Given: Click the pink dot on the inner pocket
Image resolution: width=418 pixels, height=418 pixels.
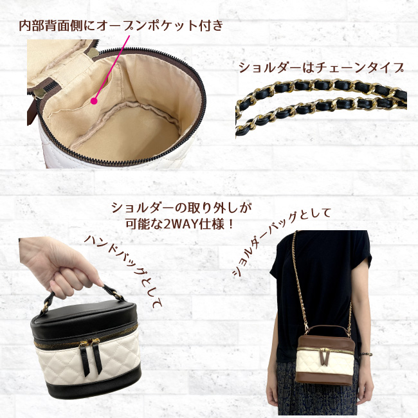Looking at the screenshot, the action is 94,101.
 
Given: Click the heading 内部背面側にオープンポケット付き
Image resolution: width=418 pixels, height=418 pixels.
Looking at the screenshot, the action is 121,26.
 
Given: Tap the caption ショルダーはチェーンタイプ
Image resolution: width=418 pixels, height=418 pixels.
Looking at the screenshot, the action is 322,68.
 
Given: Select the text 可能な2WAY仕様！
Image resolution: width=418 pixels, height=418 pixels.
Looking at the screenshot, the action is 179,224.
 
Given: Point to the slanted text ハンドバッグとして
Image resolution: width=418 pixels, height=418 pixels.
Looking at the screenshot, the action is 123,271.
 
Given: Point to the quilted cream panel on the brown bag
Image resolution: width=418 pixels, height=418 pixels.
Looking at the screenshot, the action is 326,362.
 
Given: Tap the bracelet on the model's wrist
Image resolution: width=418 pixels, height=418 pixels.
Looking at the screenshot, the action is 365,354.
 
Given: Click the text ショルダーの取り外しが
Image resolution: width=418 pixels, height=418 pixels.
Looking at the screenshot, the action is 182,208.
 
